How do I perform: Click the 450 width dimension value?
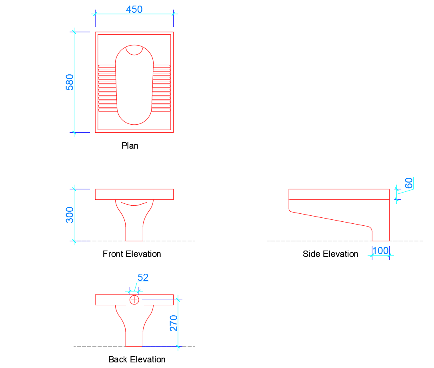click(x=134, y=9)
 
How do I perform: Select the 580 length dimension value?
click(x=70, y=82)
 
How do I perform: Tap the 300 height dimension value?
click(x=70, y=215)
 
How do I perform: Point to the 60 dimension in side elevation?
click(x=408, y=183)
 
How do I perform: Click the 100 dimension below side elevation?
click(x=380, y=251)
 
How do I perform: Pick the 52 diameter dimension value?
click(x=143, y=277)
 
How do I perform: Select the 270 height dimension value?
click(x=174, y=323)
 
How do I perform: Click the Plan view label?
click(x=130, y=146)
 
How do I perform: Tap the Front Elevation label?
click(x=132, y=254)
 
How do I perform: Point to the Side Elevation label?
click(x=330, y=254)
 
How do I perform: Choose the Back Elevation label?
click(x=137, y=360)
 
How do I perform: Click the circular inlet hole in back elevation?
click(x=134, y=300)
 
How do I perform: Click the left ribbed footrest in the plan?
click(x=107, y=88)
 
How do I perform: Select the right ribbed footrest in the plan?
click(x=162, y=88)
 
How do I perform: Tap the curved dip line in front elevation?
click(x=134, y=205)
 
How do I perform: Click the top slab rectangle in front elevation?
click(x=134, y=194)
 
